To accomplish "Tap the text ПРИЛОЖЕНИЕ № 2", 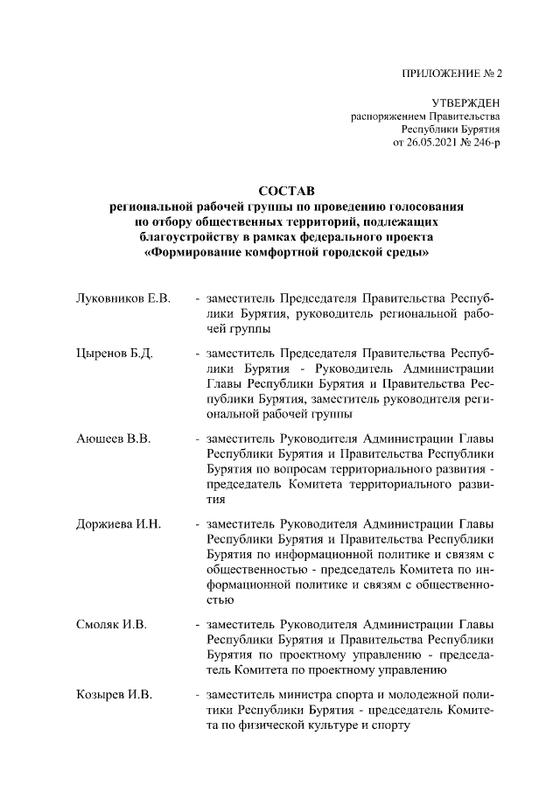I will tap(451, 73).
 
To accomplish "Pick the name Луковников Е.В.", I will tap(122, 298).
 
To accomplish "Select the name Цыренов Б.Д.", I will tap(115, 354).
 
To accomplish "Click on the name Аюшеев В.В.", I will tap(115, 439).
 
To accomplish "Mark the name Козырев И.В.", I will tap(115, 695).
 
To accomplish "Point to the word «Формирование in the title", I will tap(193, 254).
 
